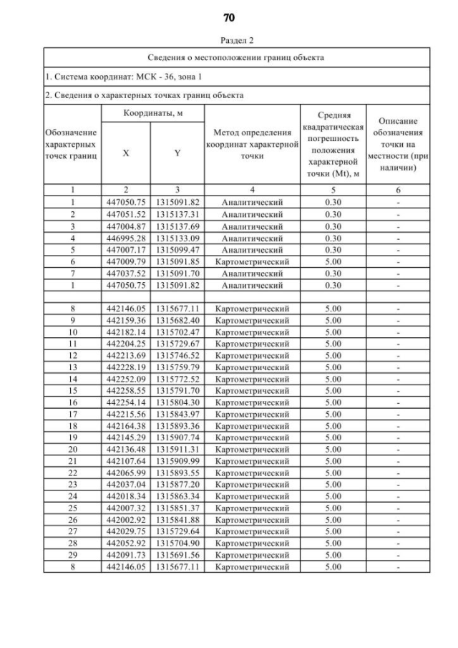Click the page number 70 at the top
tap(229, 17)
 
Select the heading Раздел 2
tap(229, 42)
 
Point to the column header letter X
tap(126, 152)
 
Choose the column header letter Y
tap(177, 152)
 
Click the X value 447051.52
tap(126, 214)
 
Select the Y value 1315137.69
tap(177, 226)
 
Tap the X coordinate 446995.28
tap(126, 238)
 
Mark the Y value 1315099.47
tap(177, 250)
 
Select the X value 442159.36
tap(126, 319)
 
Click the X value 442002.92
tap(126, 520)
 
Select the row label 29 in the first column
tap(72, 555)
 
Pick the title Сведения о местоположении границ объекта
tap(236, 57)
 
